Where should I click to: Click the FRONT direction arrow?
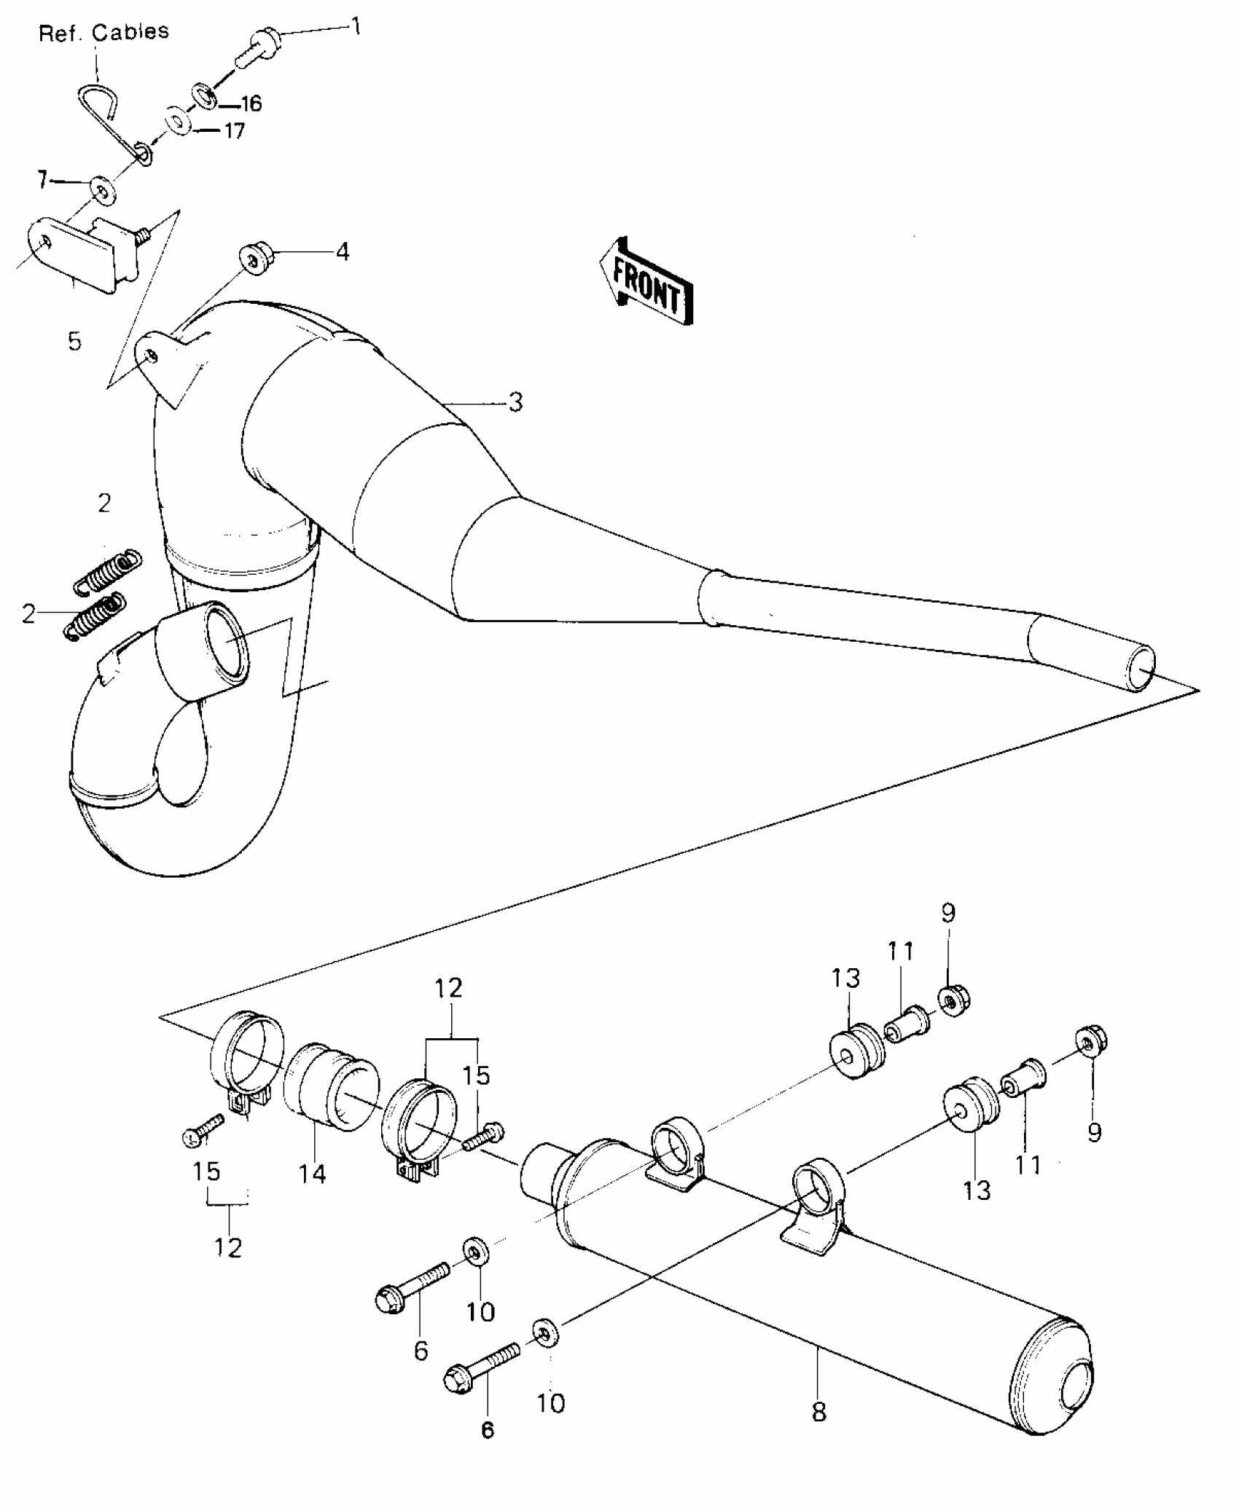tap(646, 280)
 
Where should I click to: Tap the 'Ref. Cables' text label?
tap(103, 33)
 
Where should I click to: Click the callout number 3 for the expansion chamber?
tap(515, 401)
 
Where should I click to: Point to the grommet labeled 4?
tap(253, 259)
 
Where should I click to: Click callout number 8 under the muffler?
tap(819, 1413)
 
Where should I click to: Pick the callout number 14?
tap(311, 1174)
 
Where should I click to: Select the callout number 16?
tap(250, 104)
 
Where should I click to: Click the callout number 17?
tap(233, 131)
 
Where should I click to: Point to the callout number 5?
tap(74, 341)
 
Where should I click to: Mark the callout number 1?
tap(356, 27)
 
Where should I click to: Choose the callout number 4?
tap(342, 252)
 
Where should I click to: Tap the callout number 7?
tap(42, 179)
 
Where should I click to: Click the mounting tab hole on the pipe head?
tap(149, 355)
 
